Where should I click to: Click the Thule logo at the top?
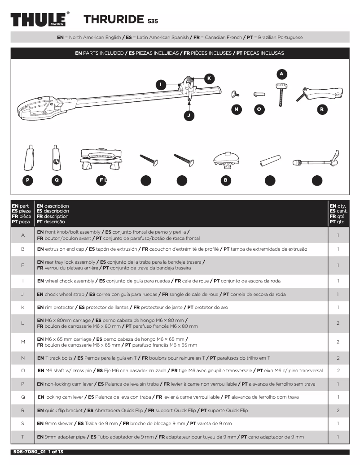tap(40, 20)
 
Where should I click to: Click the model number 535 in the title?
tap(153, 21)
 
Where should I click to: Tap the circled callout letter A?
tap(281, 73)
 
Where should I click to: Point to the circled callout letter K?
tap(208, 78)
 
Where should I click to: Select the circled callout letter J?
tap(189, 116)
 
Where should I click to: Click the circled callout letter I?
tap(161, 84)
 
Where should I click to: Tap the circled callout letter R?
tap(321, 109)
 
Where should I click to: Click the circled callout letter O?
tap(259, 109)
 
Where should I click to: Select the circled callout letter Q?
tap(57, 180)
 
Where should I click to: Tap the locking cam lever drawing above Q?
tap(56, 156)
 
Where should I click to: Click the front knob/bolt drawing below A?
tap(282, 93)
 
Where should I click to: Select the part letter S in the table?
tap(22, 423)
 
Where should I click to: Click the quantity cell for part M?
tap(338, 342)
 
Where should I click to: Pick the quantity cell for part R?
tap(338, 410)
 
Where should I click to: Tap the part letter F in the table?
tap(22, 265)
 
